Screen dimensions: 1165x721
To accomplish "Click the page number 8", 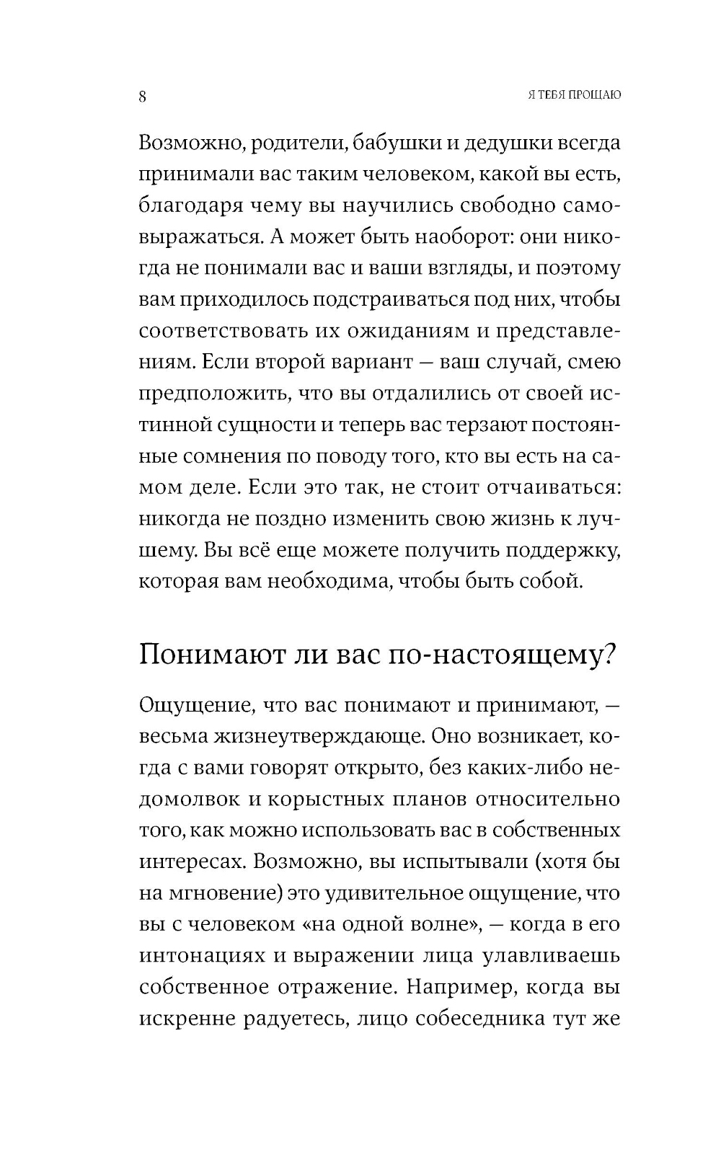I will pos(143,97).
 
